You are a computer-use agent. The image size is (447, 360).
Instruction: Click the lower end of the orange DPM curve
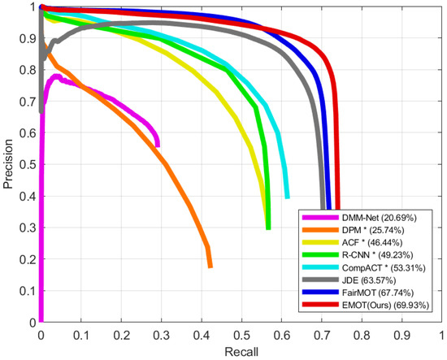[210, 265]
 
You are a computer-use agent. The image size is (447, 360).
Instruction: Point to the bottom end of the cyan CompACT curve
[287, 196]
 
